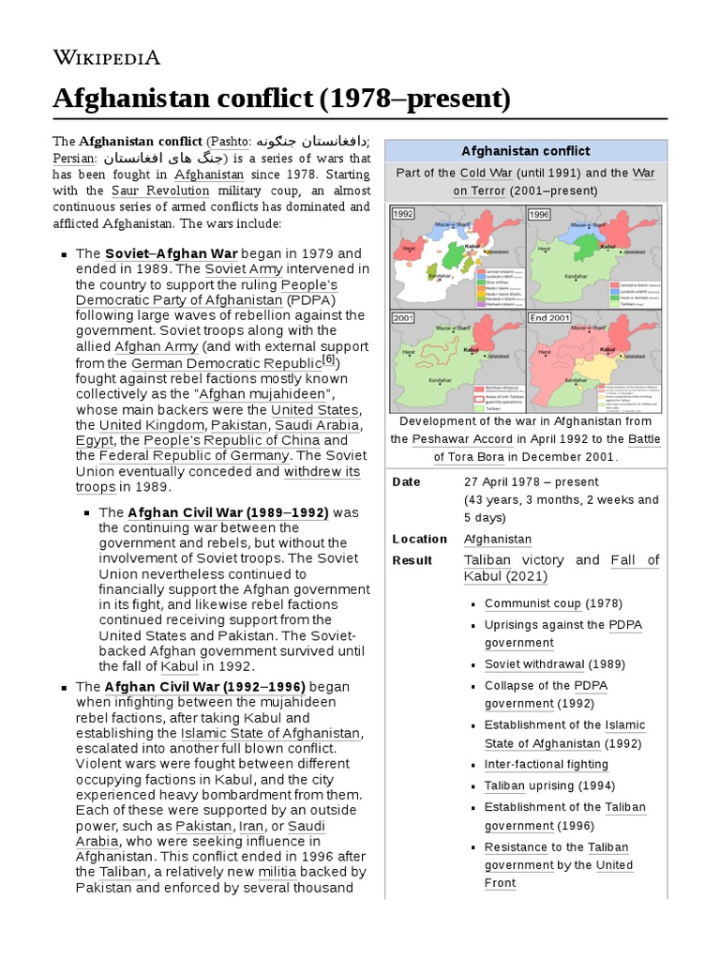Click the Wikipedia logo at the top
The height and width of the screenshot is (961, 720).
pos(106,58)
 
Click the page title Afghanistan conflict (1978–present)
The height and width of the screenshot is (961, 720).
pos(281,98)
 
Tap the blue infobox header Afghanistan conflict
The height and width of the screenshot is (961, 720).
pos(526,150)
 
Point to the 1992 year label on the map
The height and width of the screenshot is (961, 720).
pos(405,213)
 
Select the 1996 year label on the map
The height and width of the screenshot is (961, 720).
pos(540,213)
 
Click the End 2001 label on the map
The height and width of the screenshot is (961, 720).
pos(551,317)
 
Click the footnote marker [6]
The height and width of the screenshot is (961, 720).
pos(328,360)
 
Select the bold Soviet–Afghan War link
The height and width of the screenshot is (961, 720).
pos(172,254)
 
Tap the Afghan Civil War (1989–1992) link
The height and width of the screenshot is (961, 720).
pos(228,512)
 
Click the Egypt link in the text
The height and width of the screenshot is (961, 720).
pos(95,440)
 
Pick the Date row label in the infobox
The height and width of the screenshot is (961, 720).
pos(406,481)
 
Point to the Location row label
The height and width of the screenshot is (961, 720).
pos(419,539)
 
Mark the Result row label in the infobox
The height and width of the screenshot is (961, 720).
pos(412,560)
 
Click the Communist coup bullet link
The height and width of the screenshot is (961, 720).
pos(532,603)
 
